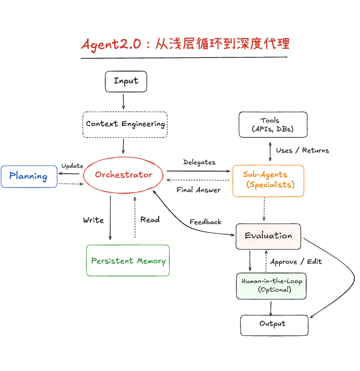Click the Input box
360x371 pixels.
click(x=126, y=81)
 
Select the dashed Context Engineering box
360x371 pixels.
click(x=125, y=124)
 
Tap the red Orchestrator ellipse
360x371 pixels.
click(x=124, y=175)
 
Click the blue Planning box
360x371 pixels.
click(x=28, y=177)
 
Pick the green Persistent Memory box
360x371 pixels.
click(x=128, y=261)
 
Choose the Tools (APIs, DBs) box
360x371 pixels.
click(x=273, y=125)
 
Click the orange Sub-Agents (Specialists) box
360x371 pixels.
click(x=268, y=180)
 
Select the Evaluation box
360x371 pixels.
click(x=268, y=236)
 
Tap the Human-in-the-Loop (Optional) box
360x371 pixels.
click(x=271, y=286)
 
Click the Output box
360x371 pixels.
click(x=274, y=324)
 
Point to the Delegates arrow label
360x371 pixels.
click(x=199, y=162)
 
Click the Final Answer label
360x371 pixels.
click(x=198, y=190)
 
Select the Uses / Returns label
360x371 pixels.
click(x=302, y=150)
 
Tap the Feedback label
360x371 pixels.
click(x=205, y=222)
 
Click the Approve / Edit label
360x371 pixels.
click(x=295, y=262)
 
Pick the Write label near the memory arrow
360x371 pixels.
click(x=94, y=220)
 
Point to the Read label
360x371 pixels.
click(x=150, y=220)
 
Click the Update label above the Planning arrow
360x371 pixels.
click(x=72, y=166)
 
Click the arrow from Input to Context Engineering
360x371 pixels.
click(x=124, y=102)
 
